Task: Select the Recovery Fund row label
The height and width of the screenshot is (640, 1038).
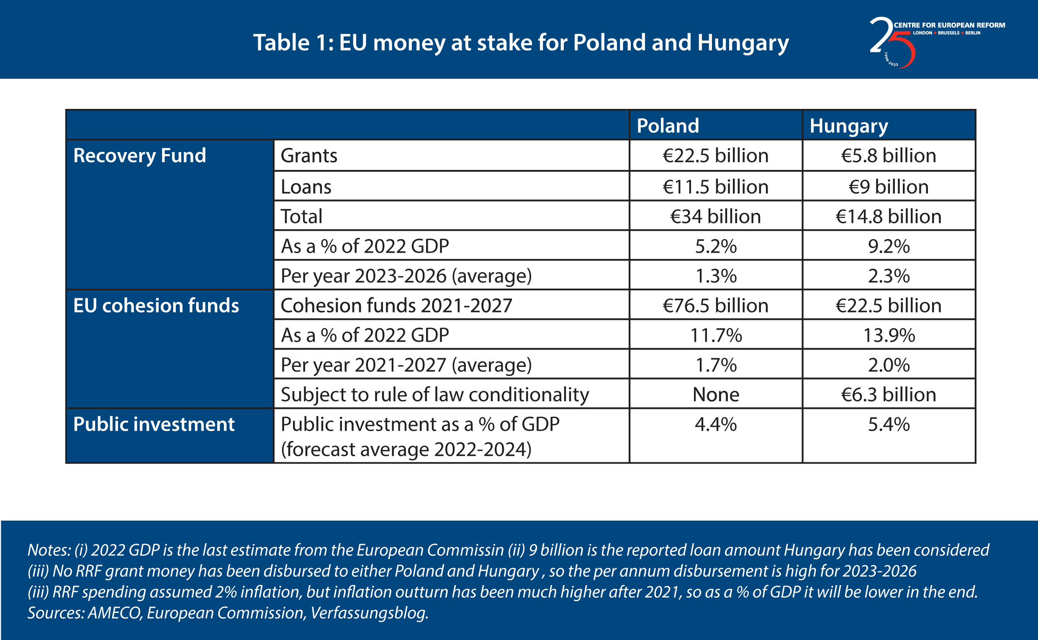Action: point(139,156)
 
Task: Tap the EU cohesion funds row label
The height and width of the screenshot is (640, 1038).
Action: point(156,306)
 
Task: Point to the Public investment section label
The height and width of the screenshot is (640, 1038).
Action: point(154,424)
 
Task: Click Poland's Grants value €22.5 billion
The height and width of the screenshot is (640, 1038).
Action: point(716,155)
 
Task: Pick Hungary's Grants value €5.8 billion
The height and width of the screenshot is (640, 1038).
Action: point(889,155)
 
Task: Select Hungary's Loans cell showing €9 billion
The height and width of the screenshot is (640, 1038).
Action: point(889,187)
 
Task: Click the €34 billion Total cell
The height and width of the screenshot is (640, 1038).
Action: point(716,216)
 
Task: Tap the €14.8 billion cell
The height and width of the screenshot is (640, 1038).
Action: point(889,216)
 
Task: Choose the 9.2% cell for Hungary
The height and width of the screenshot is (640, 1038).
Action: point(889,246)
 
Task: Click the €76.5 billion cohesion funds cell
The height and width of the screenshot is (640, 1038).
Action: point(716,306)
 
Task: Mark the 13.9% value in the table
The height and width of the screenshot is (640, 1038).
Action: point(889,335)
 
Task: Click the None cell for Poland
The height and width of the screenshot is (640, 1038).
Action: point(716,395)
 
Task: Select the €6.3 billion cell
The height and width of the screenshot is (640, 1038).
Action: point(889,395)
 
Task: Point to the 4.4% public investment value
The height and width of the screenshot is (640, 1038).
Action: point(716,424)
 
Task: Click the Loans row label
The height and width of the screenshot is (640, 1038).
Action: point(306,187)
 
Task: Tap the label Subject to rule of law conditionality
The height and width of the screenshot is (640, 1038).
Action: point(435,395)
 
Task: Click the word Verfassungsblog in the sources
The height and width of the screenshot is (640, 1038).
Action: point(369,613)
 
